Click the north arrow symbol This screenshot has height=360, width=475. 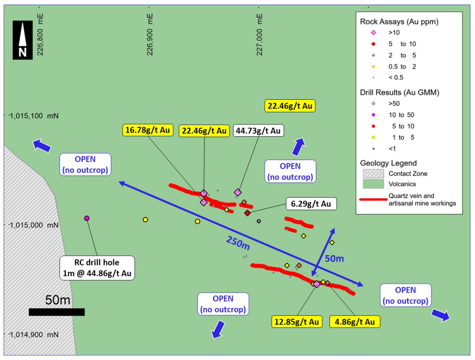point(22,40)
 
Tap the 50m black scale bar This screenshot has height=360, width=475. point(57,312)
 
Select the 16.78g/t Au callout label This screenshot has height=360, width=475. point(148,130)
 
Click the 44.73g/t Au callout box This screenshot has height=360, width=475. point(258,131)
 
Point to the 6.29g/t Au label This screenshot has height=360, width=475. point(311,204)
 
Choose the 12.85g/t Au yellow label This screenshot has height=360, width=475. point(297,322)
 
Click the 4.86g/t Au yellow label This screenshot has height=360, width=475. point(355,322)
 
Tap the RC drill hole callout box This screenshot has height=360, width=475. point(97,268)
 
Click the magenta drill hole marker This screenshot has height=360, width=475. point(87,218)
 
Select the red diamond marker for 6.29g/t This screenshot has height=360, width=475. point(248,213)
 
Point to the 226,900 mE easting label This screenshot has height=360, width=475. point(150,35)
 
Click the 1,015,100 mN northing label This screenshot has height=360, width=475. point(34,116)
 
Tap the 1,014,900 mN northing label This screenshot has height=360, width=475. point(34,335)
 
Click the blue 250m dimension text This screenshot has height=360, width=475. point(238,243)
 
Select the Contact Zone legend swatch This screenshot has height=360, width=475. point(373,174)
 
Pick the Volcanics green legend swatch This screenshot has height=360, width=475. point(373,184)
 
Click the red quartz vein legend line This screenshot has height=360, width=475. point(373,199)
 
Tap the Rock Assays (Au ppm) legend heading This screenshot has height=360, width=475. point(399,22)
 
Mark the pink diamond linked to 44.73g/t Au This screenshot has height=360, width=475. point(238,192)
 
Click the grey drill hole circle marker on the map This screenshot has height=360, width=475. point(259,221)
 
